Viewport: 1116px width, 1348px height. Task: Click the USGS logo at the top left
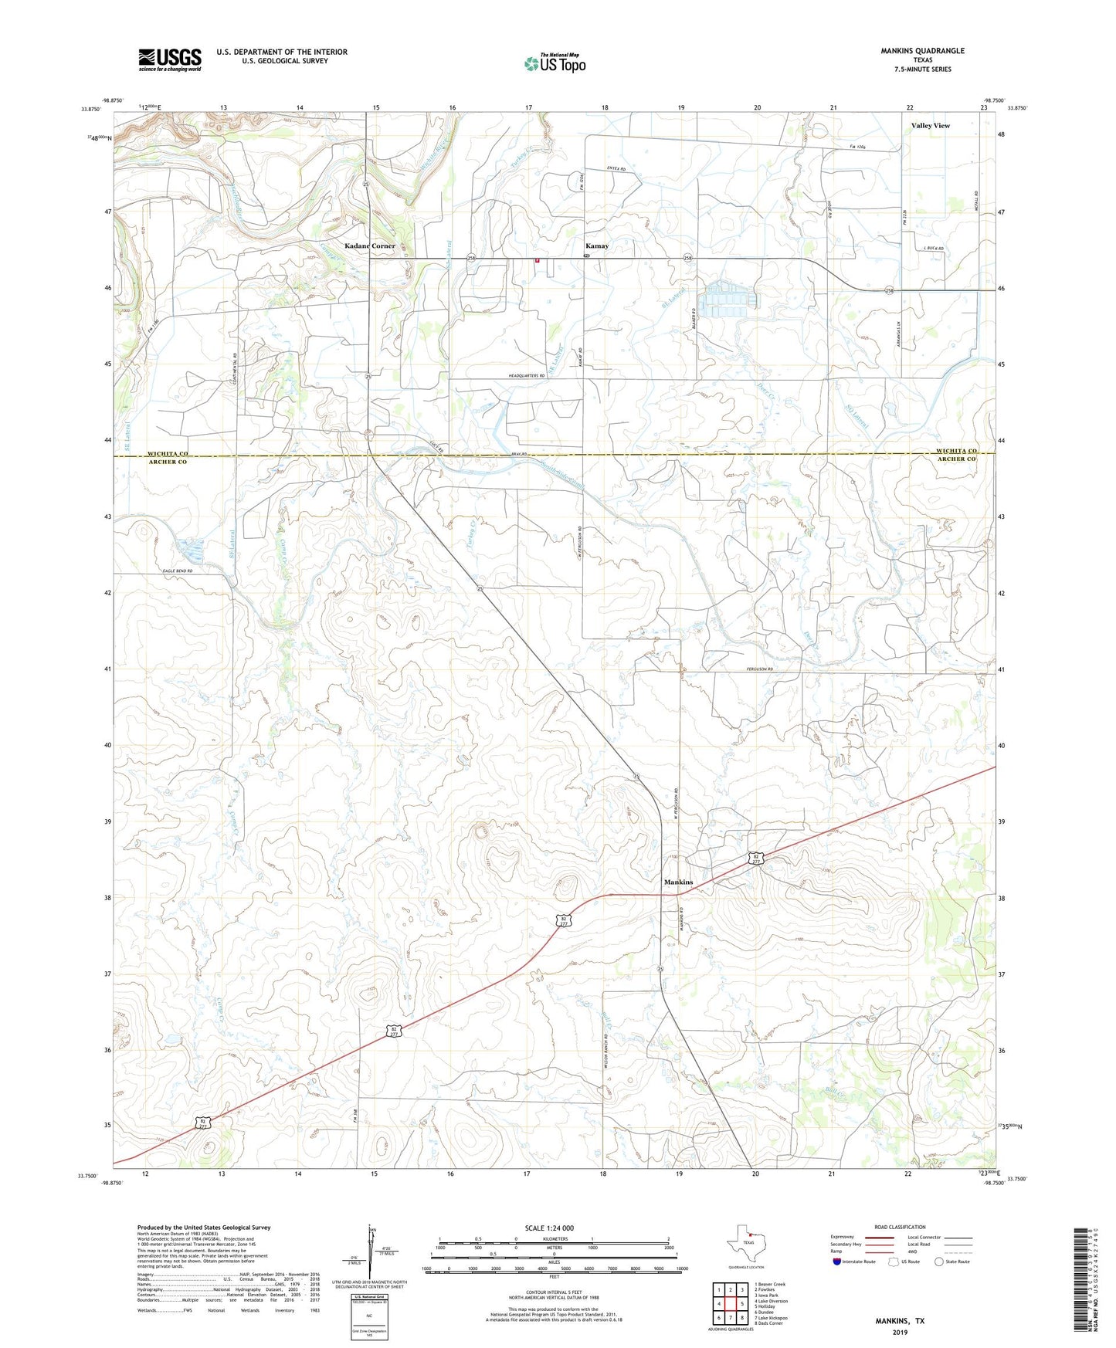[169, 59]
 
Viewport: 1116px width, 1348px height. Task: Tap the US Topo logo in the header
[554, 63]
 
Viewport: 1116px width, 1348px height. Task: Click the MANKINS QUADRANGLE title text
[922, 51]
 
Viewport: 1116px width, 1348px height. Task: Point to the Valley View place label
[930, 125]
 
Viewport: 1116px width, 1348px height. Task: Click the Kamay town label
[596, 246]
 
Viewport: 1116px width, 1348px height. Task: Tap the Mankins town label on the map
[678, 882]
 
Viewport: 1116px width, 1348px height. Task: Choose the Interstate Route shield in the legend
[839, 1261]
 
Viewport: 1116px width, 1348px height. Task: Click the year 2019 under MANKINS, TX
[900, 1332]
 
